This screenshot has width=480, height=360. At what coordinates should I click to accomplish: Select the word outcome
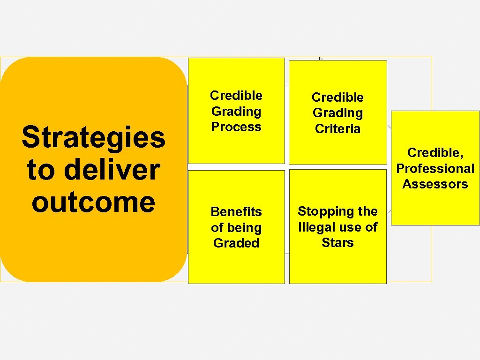tap(93, 202)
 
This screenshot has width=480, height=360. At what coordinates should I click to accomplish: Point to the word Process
tap(236, 127)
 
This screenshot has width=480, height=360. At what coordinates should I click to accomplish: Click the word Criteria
tap(337, 129)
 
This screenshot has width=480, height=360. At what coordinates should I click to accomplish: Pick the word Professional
tap(435, 168)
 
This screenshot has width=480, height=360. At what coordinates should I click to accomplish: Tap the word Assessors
tap(435, 184)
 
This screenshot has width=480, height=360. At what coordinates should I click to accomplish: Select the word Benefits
tap(236, 212)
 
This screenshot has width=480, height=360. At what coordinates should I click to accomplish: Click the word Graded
tap(236, 243)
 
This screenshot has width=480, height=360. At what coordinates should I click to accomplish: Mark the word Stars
tap(337, 243)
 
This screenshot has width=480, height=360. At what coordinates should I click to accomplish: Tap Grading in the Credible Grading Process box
tap(236, 112)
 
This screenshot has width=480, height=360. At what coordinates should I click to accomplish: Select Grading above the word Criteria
tap(337, 113)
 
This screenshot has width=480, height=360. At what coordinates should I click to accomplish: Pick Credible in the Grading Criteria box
tap(337, 97)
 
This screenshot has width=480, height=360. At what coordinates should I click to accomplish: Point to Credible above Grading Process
tap(236, 96)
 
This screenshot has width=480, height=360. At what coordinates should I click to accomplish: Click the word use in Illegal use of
tap(349, 228)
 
